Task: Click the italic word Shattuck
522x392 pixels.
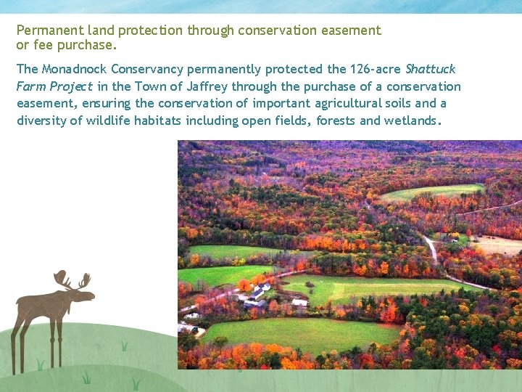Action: pos(431,69)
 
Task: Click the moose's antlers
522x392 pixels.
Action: pos(72,279)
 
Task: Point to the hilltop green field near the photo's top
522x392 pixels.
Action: pos(432,192)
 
